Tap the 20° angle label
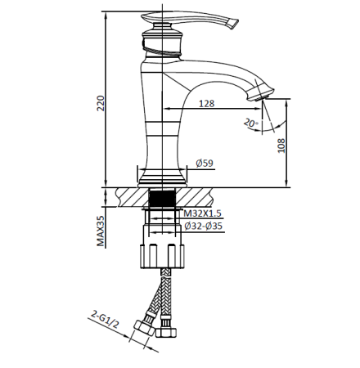pos(250,123)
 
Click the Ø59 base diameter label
pos(205,164)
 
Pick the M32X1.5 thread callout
pos(202,213)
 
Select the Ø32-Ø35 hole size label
pos(203,226)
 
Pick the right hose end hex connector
pos(169,334)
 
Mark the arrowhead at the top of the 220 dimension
pos(106,14)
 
